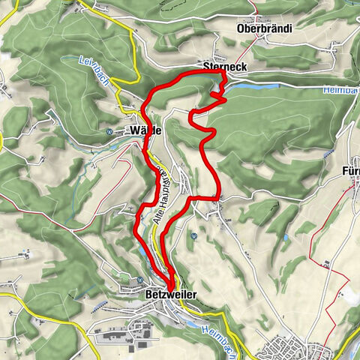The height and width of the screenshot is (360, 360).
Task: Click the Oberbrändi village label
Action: tap(263, 28)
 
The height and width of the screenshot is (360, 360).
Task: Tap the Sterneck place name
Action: tap(224, 67)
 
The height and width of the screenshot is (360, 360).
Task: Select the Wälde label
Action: tap(146, 130)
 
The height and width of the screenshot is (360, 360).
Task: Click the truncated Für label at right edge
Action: tap(350, 168)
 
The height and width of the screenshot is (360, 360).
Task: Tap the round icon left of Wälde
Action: tap(109, 130)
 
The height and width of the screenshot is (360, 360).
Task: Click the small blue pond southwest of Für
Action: tap(285, 238)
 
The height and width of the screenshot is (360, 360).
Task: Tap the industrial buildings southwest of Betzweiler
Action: tap(120, 330)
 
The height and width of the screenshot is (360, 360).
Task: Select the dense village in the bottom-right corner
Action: tap(289, 349)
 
